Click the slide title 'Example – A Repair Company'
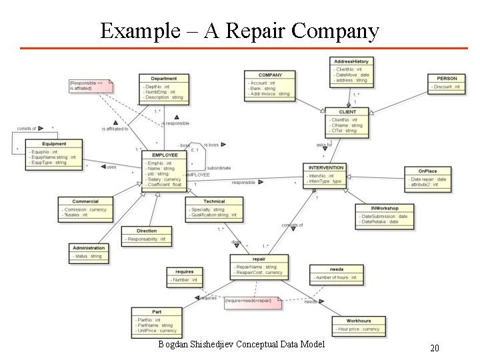pyautogui.click(x=239, y=30)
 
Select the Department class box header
pyautogui.click(x=164, y=79)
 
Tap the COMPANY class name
pyautogui.click(x=270, y=75)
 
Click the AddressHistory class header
pyautogui.click(x=351, y=61)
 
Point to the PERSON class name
pyautogui.click(x=447, y=79)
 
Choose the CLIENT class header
pyautogui.click(x=348, y=112)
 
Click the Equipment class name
pyautogui.click(x=55, y=144)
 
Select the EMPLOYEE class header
pyautogui.click(x=165, y=155)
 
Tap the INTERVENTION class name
pyautogui.click(x=325, y=168)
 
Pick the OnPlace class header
pyautogui.click(x=427, y=171)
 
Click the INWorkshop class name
pyautogui.click(x=385, y=208)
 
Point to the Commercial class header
pyautogui.click(x=85, y=201)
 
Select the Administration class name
pyautogui.click(x=89, y=248)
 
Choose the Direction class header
pyautogui.click(x=147, y=231)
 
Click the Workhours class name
pyautogui.click(x=359, y=321)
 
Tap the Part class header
pyautogui.click(x=157, y=312)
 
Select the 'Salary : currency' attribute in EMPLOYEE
pyautogui.click(x=163, y=179)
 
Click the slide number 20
pyautogui.click(x=434, y=347)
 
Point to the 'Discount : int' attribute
pyautogui.click(x=446, y=87)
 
